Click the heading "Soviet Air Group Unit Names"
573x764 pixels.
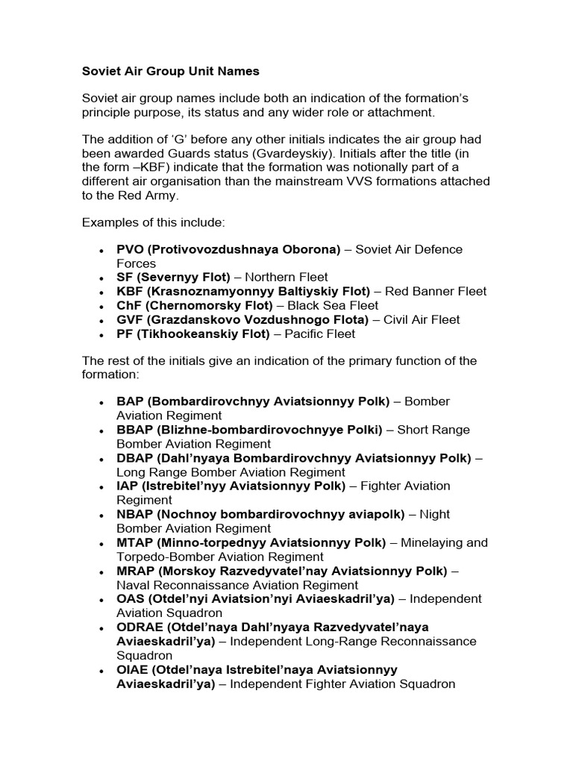pyautogui.click(x=170, y=72)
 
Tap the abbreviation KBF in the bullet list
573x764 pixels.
pyautogui.click(x=131, y=292)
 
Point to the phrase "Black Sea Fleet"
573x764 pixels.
pyautogui.click(x=338, y=306)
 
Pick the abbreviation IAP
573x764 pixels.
pyautogui.click(x=128, y=486)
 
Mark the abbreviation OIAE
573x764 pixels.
pyautogui.click(x=132, y=670)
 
